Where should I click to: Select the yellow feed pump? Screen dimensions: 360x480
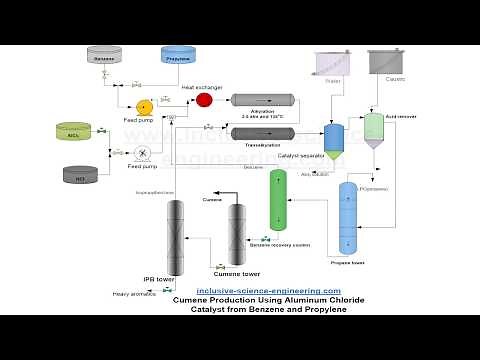pos(145,106)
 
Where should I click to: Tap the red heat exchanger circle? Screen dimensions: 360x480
pos(204,100)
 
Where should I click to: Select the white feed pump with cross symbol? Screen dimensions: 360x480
pos(144,153)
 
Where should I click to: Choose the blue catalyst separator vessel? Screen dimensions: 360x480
pos(333,137)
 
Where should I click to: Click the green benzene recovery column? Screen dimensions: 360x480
pos(279,199)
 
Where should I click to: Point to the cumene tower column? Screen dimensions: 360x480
pos(237,232)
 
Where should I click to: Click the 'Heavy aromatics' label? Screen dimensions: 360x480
pos(133,293)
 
